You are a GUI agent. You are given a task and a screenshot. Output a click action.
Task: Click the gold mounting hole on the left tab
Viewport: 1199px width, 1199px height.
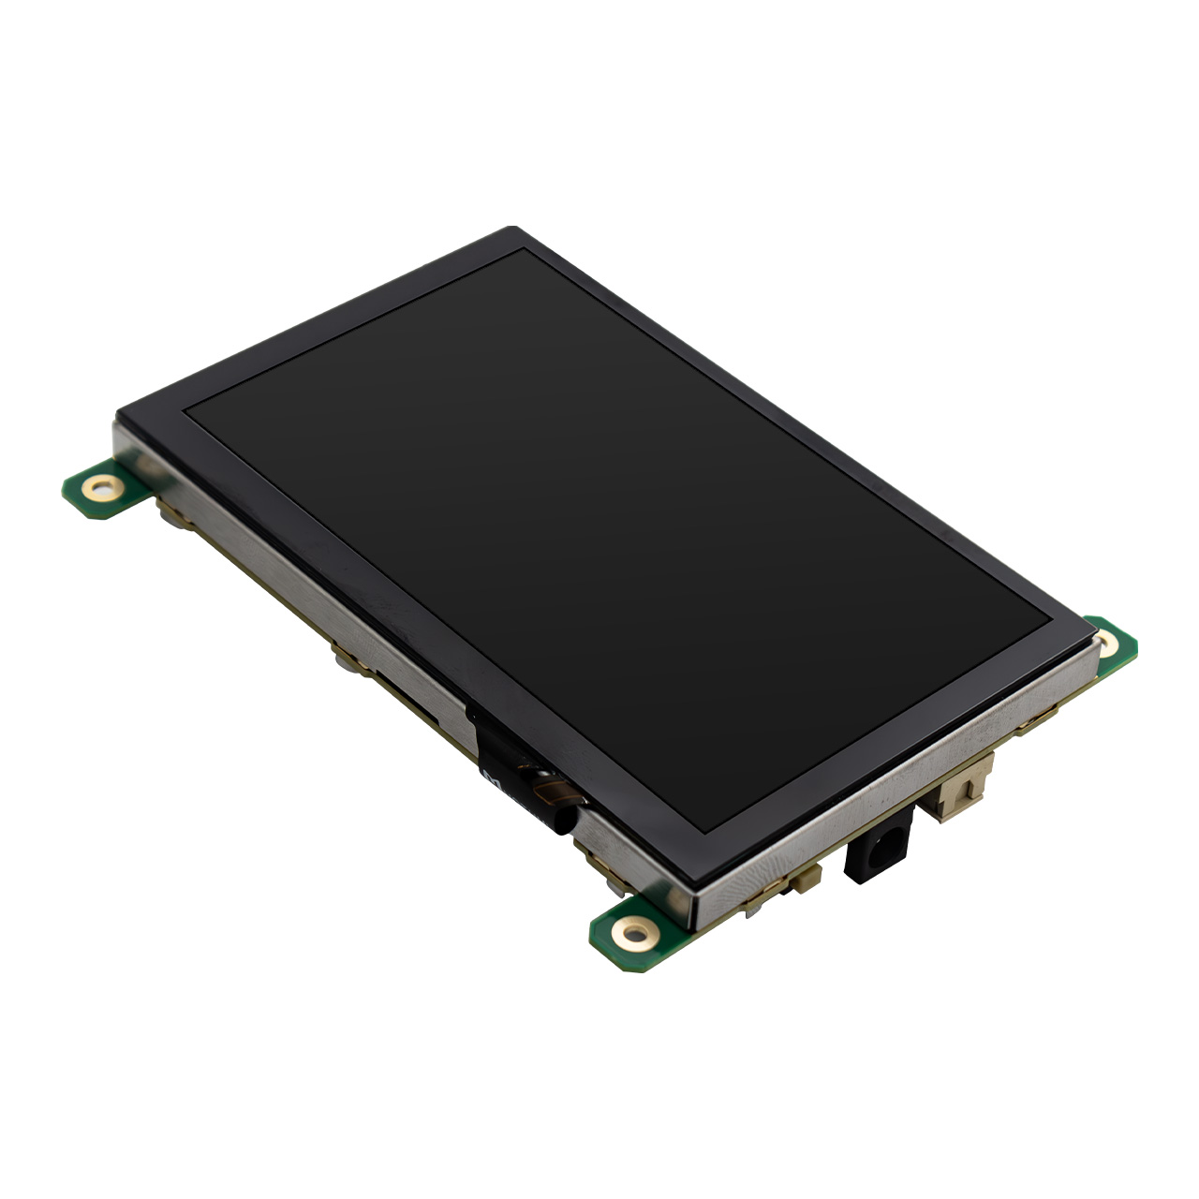tap(101, 487)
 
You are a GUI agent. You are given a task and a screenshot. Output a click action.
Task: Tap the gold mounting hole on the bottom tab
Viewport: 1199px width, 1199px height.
tap(636, 933)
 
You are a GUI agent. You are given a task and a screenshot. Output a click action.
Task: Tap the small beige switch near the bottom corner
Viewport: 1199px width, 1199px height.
tap(806, 878)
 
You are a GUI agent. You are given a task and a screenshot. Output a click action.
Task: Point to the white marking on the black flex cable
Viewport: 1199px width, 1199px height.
tap(491, 776)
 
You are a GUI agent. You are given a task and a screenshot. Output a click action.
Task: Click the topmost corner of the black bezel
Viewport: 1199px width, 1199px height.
tap(511, 229)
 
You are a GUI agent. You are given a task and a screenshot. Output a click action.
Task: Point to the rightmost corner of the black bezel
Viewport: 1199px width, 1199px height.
tap(1093, 637)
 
